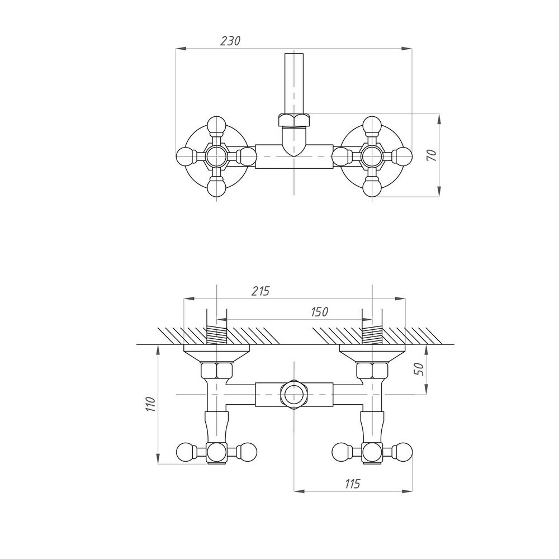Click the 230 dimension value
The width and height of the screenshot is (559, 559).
point(230,41)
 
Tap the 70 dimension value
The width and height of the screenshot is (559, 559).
point(432,155)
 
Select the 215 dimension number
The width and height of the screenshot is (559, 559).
point(260,291)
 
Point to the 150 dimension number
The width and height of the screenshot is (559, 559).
point(319,312)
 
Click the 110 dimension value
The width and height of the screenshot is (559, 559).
point(150,404)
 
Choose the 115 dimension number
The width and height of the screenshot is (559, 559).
point(352,484)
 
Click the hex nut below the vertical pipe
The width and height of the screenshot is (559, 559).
point(293,120)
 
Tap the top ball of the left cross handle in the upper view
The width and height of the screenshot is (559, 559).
point(217,125)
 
